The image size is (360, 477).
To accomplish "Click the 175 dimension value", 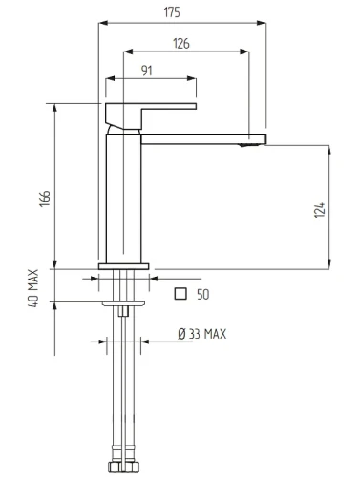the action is pos(172,12).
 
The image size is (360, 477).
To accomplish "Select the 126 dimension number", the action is pos(181,44).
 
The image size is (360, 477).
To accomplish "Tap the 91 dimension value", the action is pos(147,71).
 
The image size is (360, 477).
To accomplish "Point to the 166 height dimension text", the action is pos(45,198).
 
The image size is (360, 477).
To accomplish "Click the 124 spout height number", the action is pos(320,210).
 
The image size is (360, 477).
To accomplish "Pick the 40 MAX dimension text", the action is pos(33,288).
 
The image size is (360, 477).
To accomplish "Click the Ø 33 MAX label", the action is pos(202,334).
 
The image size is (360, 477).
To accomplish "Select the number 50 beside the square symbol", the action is pos(203,295).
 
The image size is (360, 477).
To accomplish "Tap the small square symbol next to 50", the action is pos(180,294).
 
